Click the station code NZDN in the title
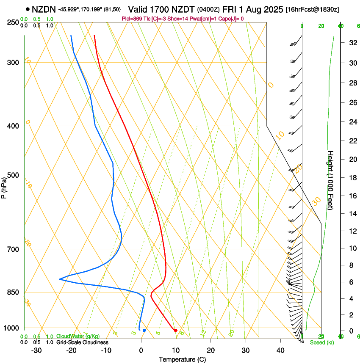point(44,9)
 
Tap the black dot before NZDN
point(28,9)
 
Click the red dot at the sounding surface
point(175,330)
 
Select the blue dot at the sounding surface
point(144,330)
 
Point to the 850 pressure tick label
point(13,292)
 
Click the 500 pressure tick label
point(13,175)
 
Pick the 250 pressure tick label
point(13,22)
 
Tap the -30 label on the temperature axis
point(36,350)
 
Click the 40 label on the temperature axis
point(280,350)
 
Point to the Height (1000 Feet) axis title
point(331,180)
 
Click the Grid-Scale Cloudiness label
point(82,342)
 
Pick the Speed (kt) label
point(321,342)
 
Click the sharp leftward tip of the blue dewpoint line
point(60,279)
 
